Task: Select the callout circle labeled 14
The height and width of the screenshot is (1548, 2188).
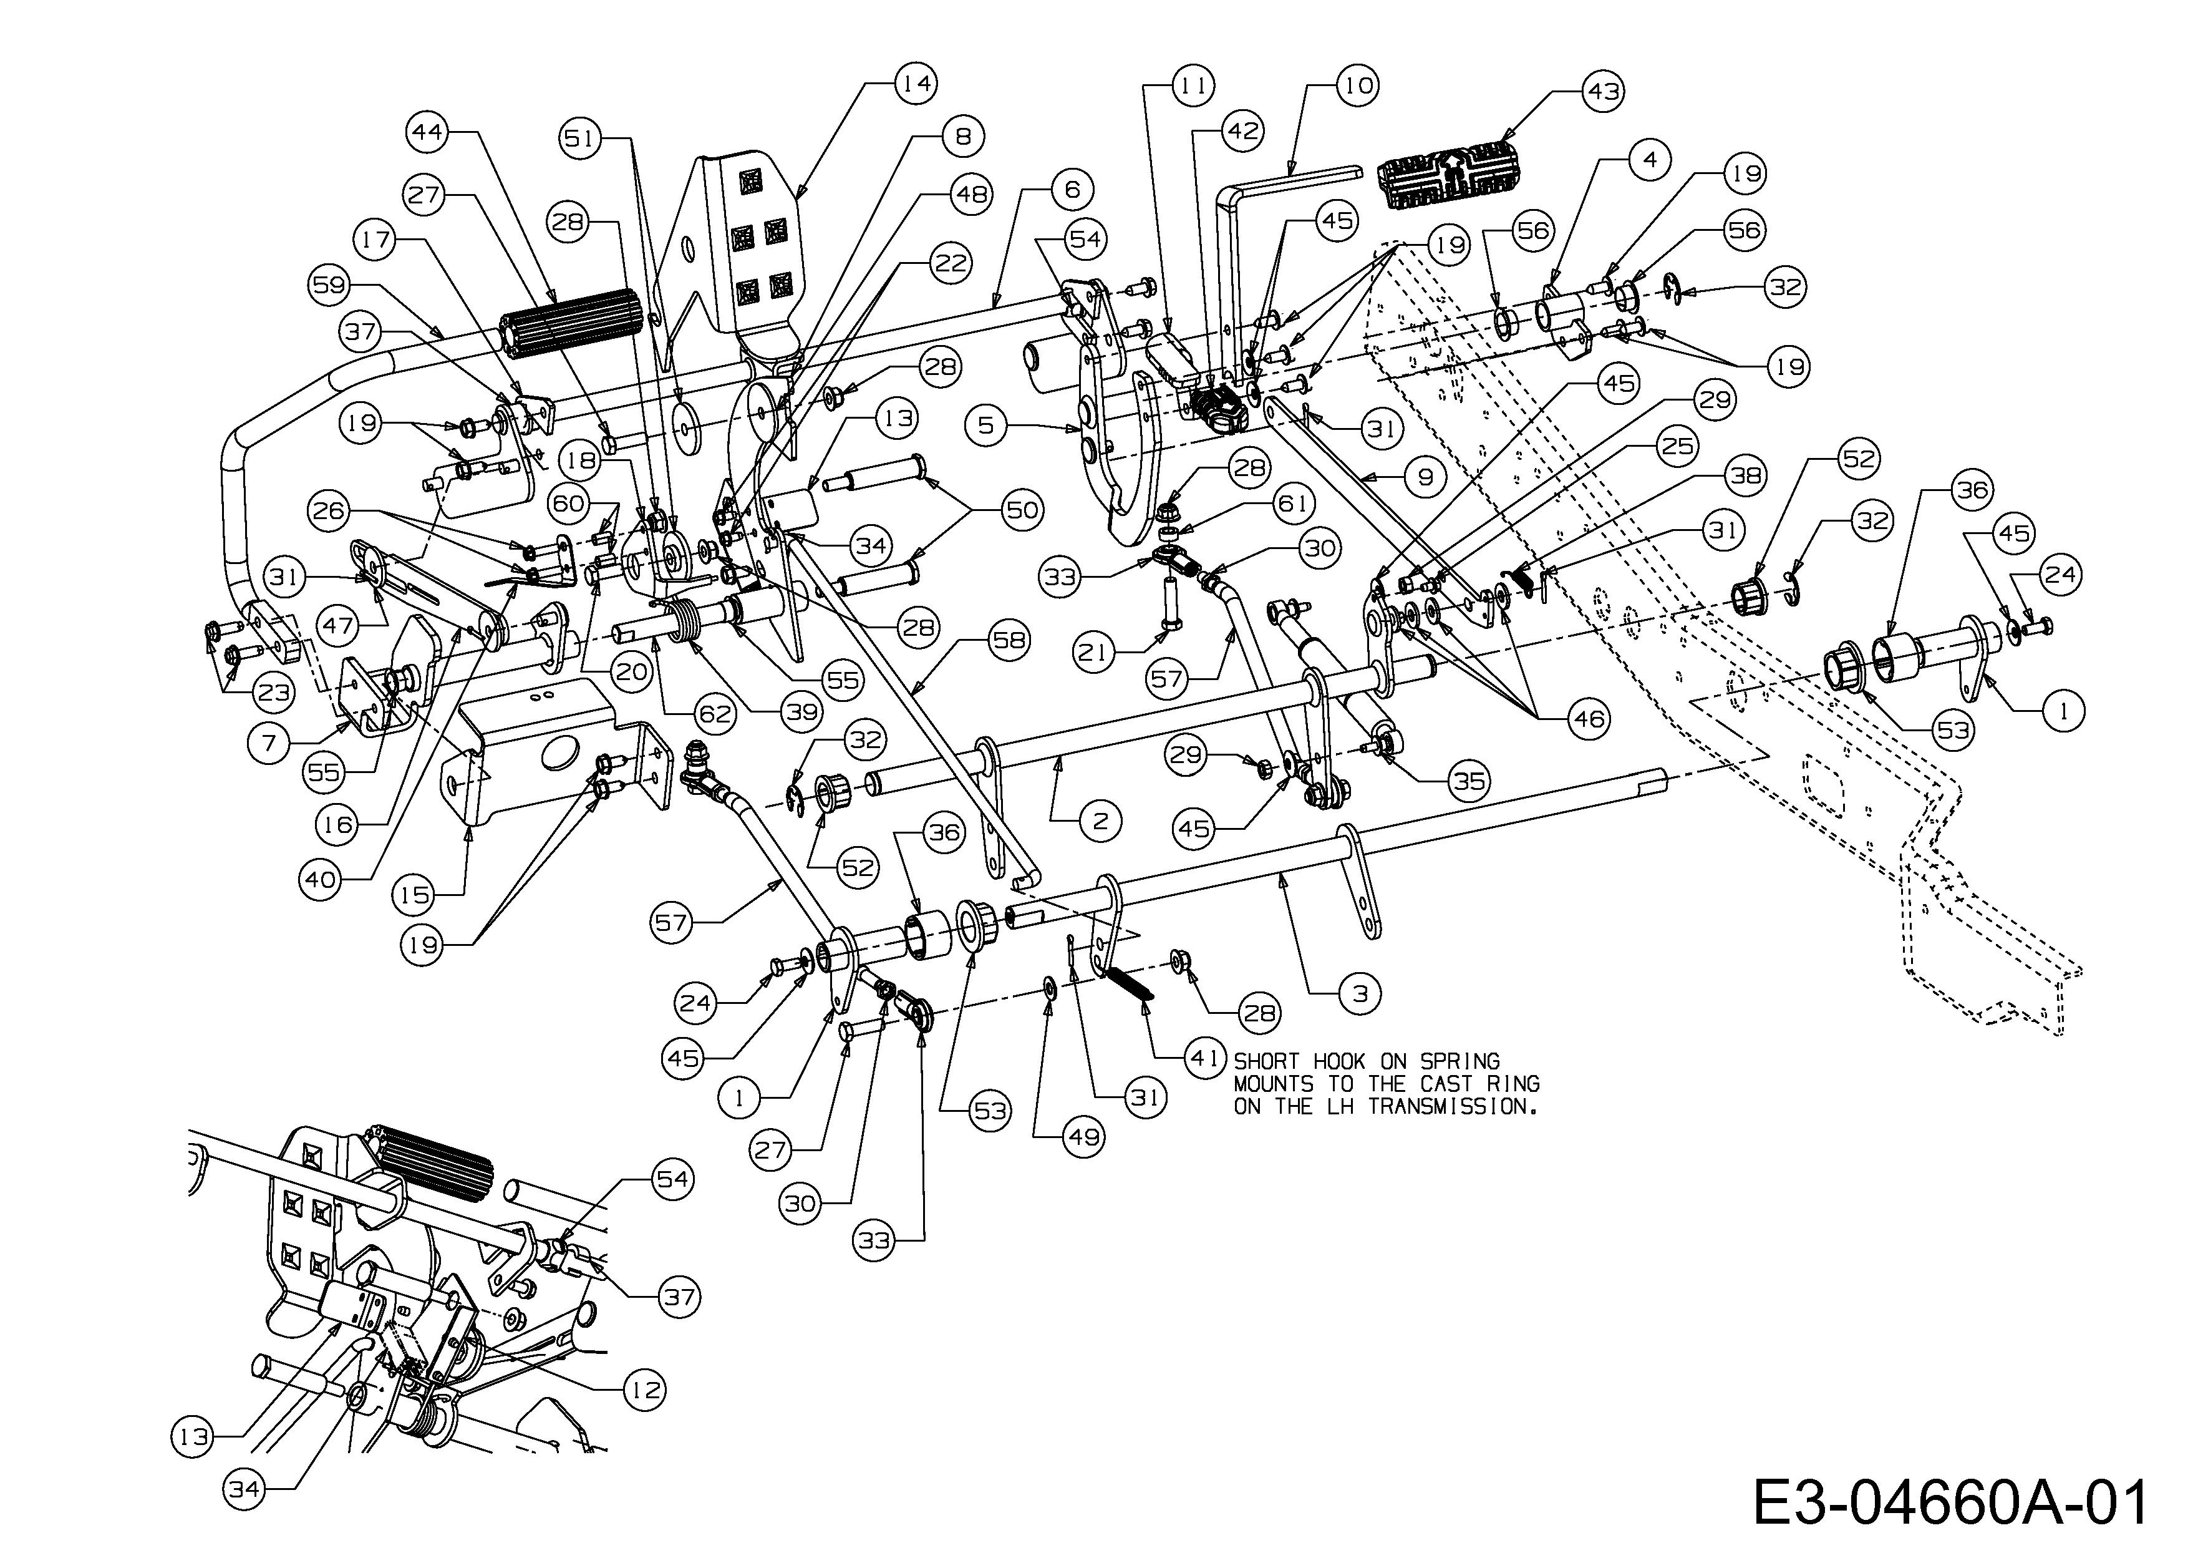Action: click(916, 84)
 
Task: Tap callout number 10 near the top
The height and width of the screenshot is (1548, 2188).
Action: click(1357, 85)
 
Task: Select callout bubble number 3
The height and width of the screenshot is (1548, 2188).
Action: click(1360, 993)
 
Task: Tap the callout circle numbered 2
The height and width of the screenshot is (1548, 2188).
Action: click(1101, 820)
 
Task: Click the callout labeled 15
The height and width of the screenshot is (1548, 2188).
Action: click(415, 894)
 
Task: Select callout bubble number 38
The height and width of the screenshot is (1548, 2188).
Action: click(1746, 475)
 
